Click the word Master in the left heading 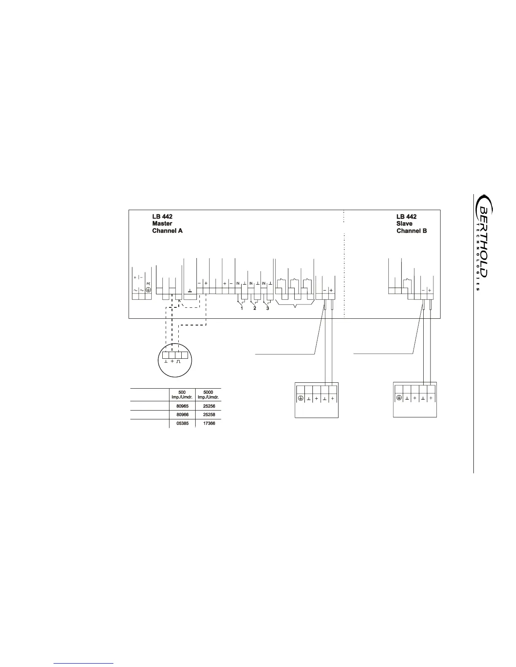point(162,224)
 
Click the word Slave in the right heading point(404,224)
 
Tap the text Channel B point(411,231)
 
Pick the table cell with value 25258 point(209,415)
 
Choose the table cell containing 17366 point(209,423)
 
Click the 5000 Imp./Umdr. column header point(209,395)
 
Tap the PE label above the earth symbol point(148,284)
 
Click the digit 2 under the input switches point(255,308)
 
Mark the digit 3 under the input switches point(268,308)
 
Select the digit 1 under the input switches point(242,308)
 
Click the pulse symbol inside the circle point(178,361)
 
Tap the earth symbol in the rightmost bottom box point(399,398)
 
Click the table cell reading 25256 point(209,407)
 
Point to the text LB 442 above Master point(162,216)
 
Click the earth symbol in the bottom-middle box point(300,398)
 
